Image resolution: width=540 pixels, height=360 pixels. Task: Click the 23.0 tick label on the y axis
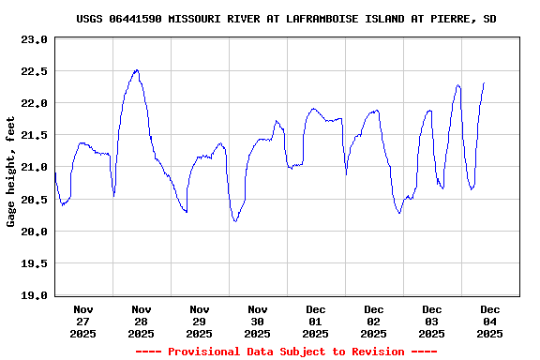[x=34, y=39]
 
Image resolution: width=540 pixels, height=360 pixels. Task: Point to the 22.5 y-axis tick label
[x=34, y=71]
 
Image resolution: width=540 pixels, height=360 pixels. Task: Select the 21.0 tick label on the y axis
[x=34, y=168]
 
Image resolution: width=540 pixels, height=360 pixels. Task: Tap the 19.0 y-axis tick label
[x=34, y=295]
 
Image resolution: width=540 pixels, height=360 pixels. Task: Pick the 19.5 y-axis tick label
[x=34, y=263]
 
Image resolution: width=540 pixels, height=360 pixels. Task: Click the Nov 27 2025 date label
[x=83, y=321]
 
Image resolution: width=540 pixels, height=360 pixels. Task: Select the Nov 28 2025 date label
[x=142, y=321]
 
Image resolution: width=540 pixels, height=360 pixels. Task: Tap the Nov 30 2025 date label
[x=258, y=321]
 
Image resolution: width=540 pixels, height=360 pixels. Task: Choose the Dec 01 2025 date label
[x=316, y=321]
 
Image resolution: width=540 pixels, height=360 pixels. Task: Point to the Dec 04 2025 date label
[x=490, y=321]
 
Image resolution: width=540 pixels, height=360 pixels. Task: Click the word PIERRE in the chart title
[x=453, y=19]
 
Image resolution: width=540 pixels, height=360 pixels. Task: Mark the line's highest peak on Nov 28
[x=137, y=69]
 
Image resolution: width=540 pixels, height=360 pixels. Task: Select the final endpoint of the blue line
[x=484, y=82]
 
